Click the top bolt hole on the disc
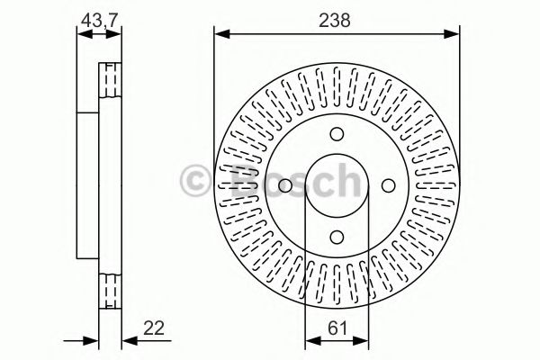[x=336, y=134]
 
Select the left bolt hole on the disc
[x=283, y=185]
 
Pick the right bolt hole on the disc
[x=388, y=185]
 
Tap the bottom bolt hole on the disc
[x=336, y=237]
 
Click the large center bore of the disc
[x=336, y=185]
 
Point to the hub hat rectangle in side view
[x=88, y=185]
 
